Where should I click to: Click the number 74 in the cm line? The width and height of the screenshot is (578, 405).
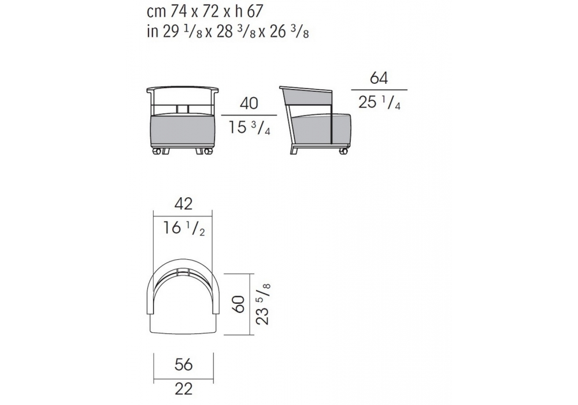click(179, 12)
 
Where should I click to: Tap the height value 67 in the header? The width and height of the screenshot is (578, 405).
click(255, 12)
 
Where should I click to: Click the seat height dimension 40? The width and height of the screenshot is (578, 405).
click(249, 104)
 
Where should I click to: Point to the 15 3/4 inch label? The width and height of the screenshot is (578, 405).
click(249, 128)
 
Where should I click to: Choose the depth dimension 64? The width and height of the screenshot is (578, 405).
click(379, 78)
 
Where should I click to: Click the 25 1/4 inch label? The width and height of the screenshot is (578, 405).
click(379, 102)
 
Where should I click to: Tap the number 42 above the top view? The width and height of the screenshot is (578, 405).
click(184, 204)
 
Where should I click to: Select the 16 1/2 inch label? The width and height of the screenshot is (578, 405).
click(184, 229)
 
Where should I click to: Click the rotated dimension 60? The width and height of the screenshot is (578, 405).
click(239, 304)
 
